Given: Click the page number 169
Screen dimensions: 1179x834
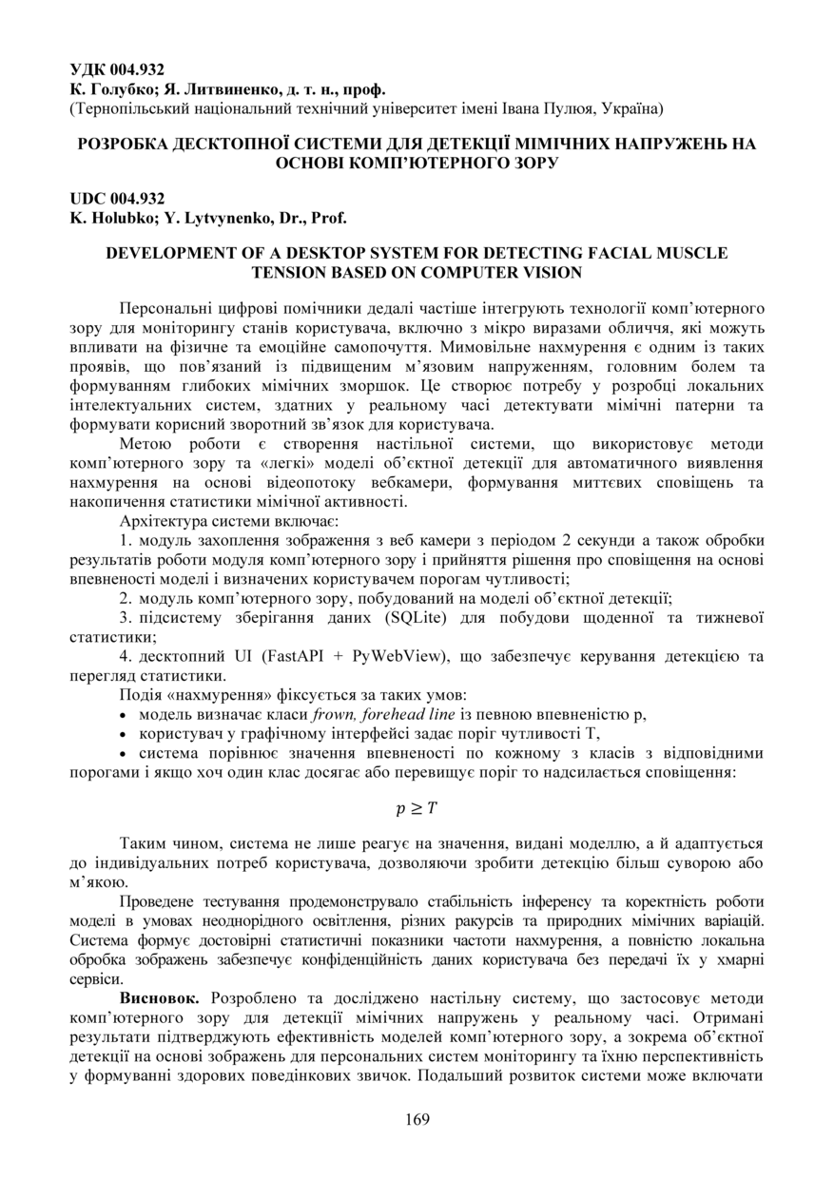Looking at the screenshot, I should (x=417, y=1119).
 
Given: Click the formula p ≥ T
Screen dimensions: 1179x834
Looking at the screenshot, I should (x=417, y=809).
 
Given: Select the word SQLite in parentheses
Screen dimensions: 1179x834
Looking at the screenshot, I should (x=416, y=619).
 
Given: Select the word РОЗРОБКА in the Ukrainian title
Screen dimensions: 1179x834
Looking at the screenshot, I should (x=118, y=145).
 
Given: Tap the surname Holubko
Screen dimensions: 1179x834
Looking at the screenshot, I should (x=119, y=217).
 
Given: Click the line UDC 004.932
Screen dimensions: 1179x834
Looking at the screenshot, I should (x=117, y=199).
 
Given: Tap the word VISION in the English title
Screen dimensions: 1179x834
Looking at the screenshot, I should (x=551, y=272).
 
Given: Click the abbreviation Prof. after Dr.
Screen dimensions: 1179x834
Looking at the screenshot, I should (x=329, y=217).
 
